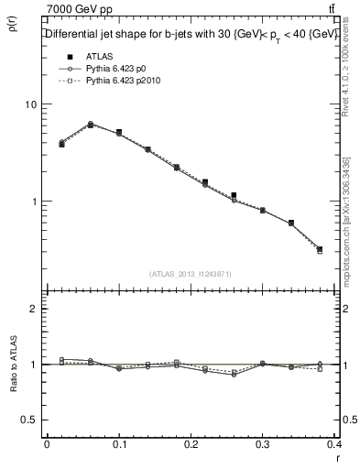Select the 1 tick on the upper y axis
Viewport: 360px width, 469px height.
pos(35,202)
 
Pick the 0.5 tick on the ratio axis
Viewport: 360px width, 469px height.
pos(30,420)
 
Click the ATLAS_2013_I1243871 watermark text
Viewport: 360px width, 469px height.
pos(191,274)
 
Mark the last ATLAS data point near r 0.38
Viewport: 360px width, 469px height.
pos(320,249)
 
